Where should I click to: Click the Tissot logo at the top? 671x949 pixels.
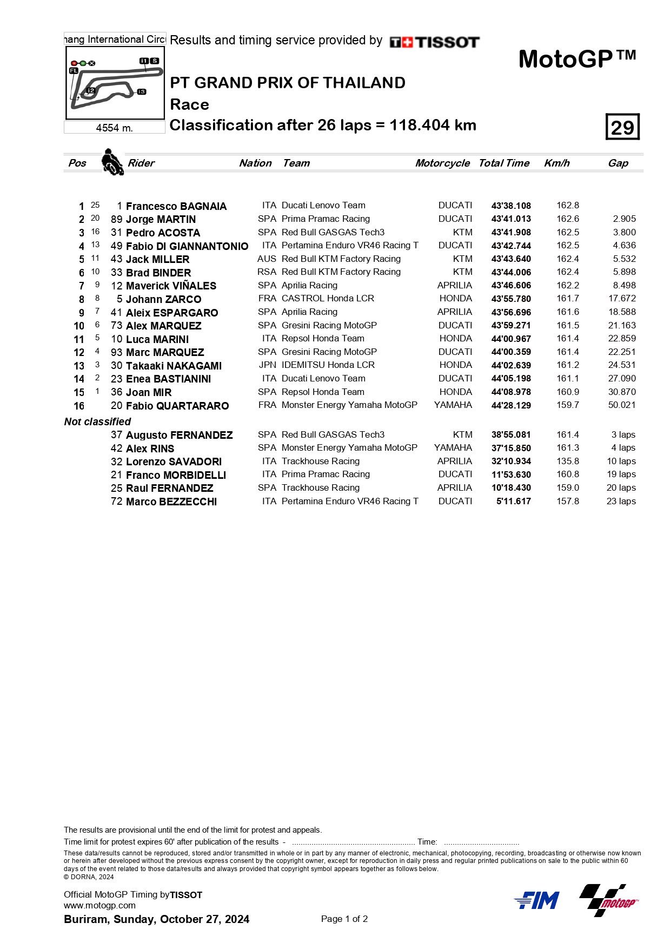(x=434, y=42)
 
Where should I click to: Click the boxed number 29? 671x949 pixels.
(x=622, y=127)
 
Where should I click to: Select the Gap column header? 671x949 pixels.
(x=617, y=163)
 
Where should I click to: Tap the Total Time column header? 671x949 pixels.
(x=503, y=163)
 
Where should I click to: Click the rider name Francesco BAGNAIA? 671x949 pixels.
(x=176, y=206)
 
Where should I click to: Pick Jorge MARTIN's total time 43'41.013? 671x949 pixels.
(x=511, y=219)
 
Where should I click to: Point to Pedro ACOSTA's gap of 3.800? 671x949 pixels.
(x=624, y=232)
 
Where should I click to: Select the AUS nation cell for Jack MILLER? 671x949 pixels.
(x=267, y=259)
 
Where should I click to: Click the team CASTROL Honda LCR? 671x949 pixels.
(x=328, y=298)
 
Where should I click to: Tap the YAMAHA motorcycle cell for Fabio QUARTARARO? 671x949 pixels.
(x=453, y=405)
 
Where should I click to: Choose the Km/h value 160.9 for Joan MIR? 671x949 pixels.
(x=568, y=392)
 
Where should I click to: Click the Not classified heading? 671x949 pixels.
(x=97, y=421)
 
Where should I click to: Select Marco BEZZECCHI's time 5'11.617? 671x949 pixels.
(x=513, y=501)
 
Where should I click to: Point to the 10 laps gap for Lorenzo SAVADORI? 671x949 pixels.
(x=621, y=461)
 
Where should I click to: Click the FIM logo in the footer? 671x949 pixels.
(x=536, y=900)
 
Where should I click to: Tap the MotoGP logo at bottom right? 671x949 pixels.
(x=609, y=900)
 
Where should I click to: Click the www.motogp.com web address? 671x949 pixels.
(x=99, y=905)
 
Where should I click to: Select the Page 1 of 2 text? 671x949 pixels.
(x=344, y=919)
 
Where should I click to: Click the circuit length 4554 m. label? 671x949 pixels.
(x=114, y=128)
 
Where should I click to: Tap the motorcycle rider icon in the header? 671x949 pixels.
(x=112, y=162)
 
